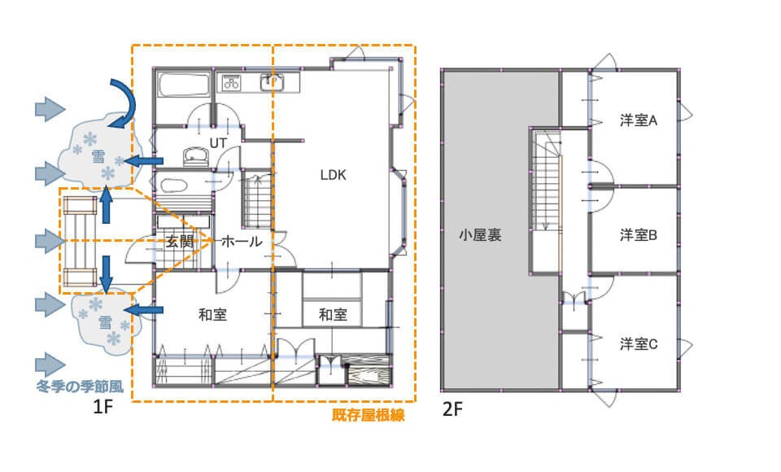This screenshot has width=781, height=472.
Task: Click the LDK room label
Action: tap(333, 175)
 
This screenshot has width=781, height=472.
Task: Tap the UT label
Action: tap(218, 143)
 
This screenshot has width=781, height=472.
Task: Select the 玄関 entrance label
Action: tap(179, 242)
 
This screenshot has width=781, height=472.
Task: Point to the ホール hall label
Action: tap(242, 242)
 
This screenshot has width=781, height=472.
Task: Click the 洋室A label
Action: tap(639, 120)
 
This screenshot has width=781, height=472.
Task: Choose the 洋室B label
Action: tap(639, 234)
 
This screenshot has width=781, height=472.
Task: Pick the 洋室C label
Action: tap(639, 344)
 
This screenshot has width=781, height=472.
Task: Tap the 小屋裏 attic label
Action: tap(480, 234)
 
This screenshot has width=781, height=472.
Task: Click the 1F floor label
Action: tap(103, 407)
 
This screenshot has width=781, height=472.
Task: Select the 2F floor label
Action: tap(452, 409)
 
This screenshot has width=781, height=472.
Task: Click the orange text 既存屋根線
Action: tap(368, 415)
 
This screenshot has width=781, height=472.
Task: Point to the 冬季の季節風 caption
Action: tap(80, 387)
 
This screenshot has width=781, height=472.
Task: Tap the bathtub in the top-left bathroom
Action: tap(183, 85)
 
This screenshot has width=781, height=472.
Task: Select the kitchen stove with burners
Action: tap(231, 81)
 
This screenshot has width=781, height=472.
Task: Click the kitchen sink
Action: tap(272, 82)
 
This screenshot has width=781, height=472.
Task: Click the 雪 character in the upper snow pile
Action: tap(98, 157)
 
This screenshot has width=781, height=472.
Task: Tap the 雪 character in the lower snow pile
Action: tap(105, 322)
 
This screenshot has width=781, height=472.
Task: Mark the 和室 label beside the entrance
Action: tap(212, 314)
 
